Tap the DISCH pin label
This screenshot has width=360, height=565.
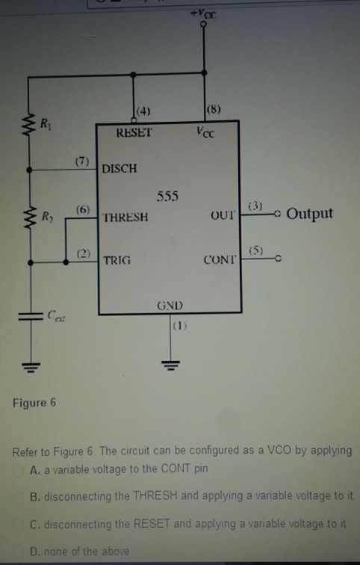(x=120, y=168)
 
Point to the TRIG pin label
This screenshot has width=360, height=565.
(x=117, y=261)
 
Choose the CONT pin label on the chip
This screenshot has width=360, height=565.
(x=220, y=261)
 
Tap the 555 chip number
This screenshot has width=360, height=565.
(x=169, y=196)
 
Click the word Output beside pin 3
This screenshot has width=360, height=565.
(x=310, y=214)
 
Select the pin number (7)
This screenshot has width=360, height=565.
(x=82, y=161)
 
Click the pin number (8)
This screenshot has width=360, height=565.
(x=214, y=112)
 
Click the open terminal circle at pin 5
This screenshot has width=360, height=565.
(x=278, y=259)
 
